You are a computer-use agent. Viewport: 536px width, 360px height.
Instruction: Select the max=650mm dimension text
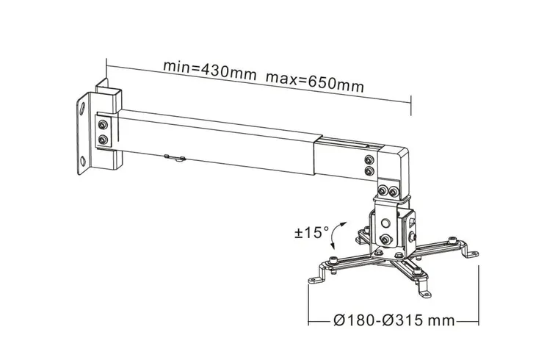(315, 83)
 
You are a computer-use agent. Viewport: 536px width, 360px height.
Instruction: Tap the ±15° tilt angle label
(311, 232)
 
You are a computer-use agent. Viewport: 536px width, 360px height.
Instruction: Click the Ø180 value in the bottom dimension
(355, 320)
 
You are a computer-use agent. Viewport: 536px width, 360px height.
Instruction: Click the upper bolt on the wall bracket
(103, 125)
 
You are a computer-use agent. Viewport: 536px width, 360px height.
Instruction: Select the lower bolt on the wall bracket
(103, 140)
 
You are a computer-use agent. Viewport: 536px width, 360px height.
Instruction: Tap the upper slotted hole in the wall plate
(82, 108)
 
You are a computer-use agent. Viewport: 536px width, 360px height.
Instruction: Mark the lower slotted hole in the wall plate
(83, 161)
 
